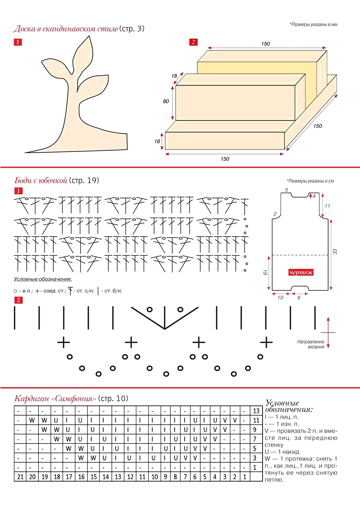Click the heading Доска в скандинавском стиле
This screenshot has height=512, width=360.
(66, 29)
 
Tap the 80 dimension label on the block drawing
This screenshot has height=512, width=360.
(166, 101)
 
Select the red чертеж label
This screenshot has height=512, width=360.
(300, 272)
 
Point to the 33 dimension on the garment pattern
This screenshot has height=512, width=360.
(335, 252)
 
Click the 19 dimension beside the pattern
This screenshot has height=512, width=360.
(265, 272)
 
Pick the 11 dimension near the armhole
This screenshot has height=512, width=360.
(327, 206)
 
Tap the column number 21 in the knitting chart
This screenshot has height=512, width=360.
(20, 477)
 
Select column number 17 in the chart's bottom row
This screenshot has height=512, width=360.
(69, 477)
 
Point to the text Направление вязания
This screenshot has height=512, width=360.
(311, 344)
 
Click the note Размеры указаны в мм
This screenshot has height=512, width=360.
(313, 24)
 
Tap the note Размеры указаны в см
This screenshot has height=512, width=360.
(310, 181)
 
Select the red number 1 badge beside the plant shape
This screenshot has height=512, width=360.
(18, 42)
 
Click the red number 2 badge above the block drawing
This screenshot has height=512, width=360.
(193, 42)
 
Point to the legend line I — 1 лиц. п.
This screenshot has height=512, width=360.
(281, 417)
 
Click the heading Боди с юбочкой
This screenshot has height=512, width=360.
(41, 180)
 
